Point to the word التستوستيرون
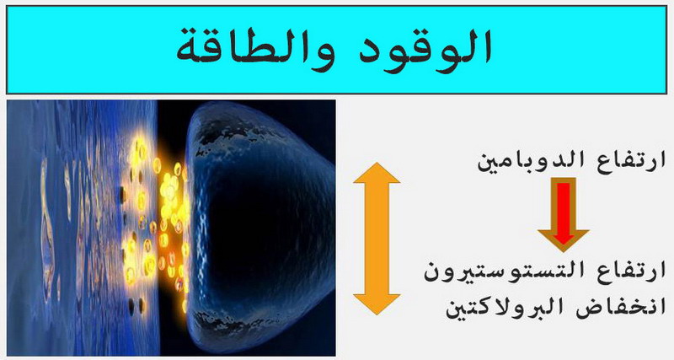click(x=500, y=272)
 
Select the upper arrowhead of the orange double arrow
click(x=377, y=173)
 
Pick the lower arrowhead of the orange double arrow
click(x=377, y=304)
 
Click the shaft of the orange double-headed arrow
click(x=377, y=239)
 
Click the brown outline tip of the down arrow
click(x=563, y=251)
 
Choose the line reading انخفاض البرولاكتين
click(x=555, y=308)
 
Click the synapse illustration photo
click(x=171, y=228)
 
